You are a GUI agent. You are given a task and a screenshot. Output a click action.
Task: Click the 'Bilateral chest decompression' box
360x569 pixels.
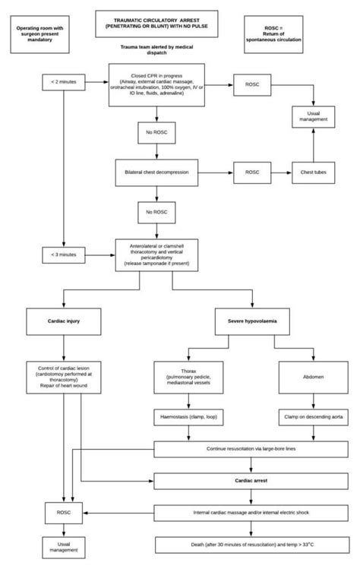(x=156, y=172)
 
